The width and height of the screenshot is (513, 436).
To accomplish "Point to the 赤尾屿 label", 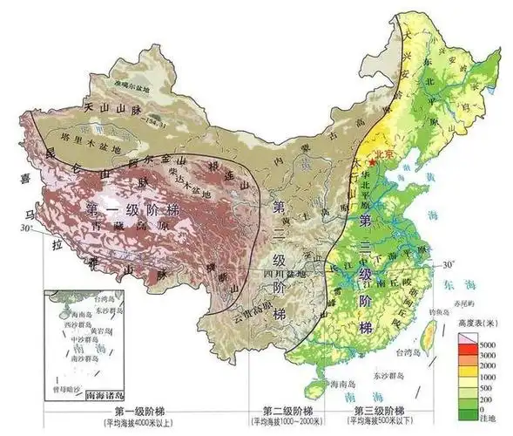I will coord(462,302).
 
